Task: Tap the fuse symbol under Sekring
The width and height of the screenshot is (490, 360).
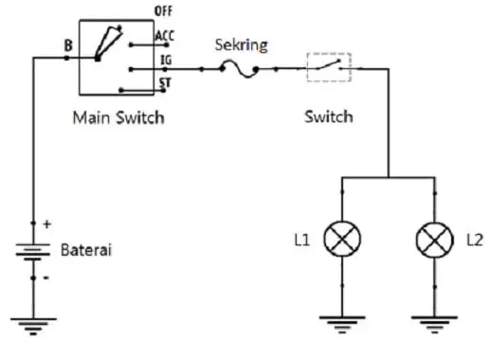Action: [239, 69]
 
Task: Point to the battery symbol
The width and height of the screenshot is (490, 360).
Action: [33, 252]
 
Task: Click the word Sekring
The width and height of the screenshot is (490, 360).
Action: [241, 45]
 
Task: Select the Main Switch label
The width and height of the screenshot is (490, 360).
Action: [118, 117]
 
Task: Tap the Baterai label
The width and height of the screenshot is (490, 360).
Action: [86, 250]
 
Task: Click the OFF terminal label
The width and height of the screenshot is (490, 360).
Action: [163, 11]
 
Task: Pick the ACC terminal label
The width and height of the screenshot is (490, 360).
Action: [164, 36]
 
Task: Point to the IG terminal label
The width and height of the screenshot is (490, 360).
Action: [166, 60]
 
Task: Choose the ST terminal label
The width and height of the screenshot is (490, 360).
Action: [165, 82]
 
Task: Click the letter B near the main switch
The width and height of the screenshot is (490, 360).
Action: [68, 45]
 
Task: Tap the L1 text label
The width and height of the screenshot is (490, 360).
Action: [301, 240]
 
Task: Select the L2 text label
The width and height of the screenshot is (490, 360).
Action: [475, 241]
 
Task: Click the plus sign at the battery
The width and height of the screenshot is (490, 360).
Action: [47, 225]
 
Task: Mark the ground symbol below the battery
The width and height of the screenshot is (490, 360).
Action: [33, 326]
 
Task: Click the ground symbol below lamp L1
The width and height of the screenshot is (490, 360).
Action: [342, 324]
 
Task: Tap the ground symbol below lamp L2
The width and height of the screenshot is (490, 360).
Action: [434, 325]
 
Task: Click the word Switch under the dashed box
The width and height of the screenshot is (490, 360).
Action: [329, 117]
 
